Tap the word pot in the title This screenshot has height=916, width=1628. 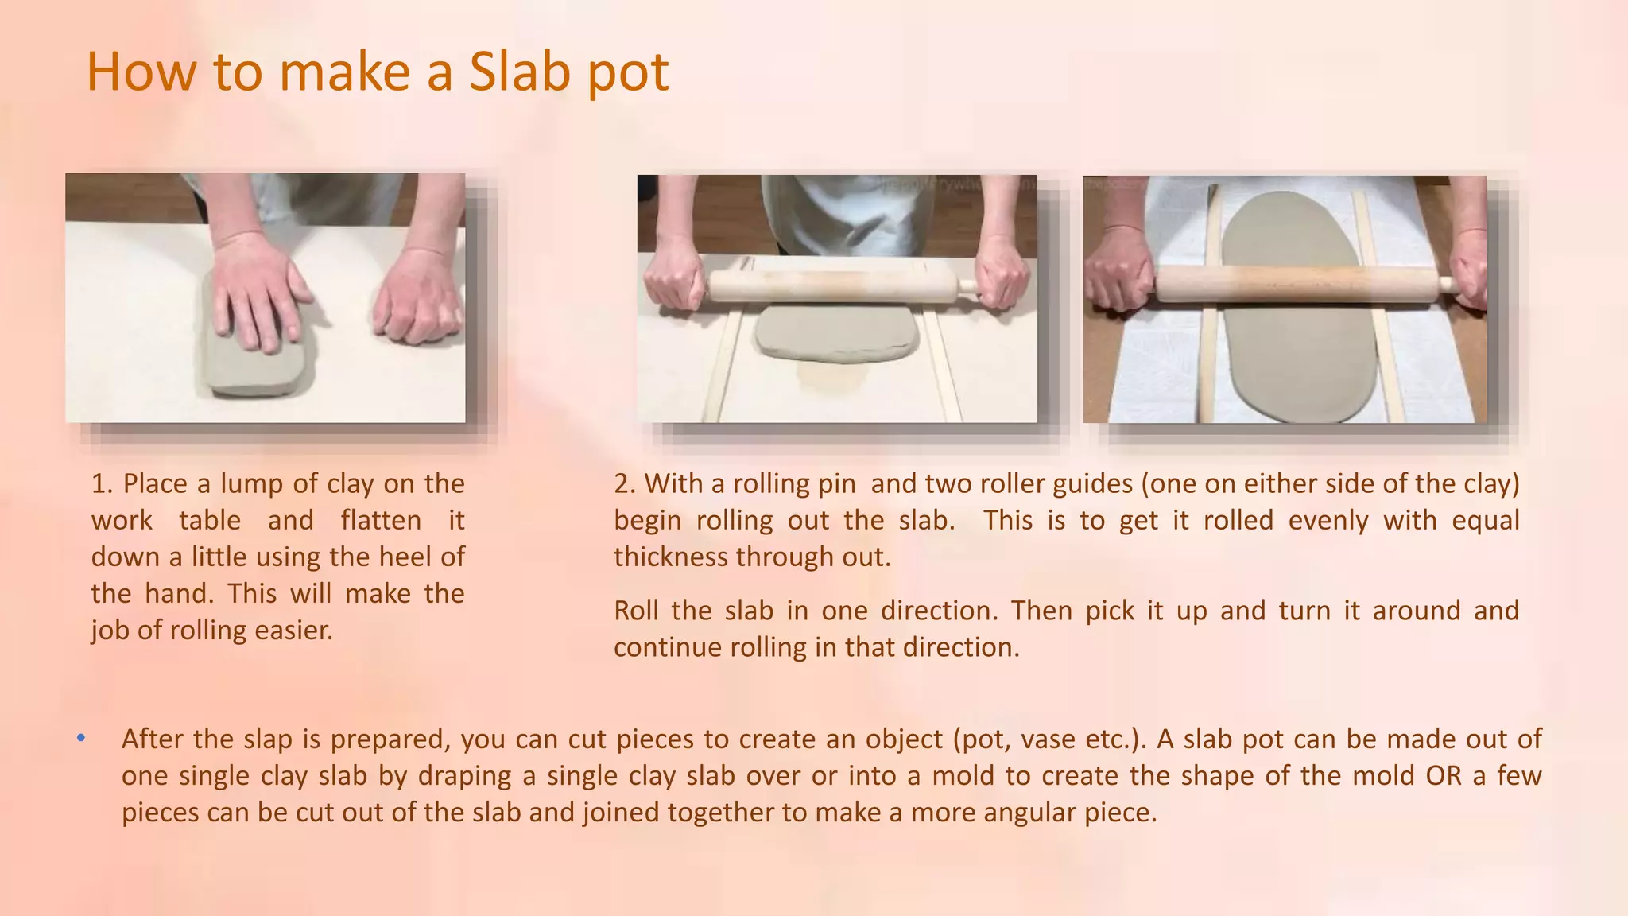(628, 73)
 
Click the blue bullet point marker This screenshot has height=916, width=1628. (80, 739)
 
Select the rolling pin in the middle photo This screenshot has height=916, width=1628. (835, 285)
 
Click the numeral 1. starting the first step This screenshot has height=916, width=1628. (103, 483)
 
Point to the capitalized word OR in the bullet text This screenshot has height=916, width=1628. (1444, 775)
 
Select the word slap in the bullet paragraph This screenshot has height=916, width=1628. (269, 739)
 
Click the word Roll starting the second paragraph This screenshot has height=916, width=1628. (638, 611)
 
